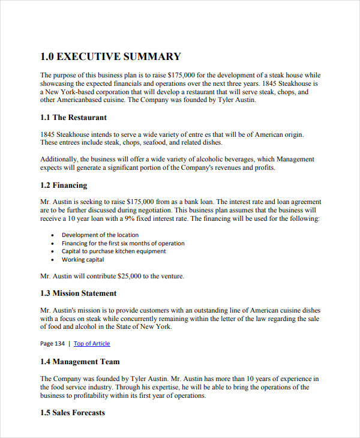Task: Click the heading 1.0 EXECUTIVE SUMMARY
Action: (110, 57)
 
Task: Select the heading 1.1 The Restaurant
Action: (73, 118)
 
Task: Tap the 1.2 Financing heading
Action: (64, 185)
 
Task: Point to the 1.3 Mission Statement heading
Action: (79, 293)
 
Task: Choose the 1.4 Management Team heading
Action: (80, 362)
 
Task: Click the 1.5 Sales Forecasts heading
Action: (73, 413)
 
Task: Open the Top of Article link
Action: (92, 344)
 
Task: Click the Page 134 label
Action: (52, 344)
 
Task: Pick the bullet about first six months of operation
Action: (123, 244)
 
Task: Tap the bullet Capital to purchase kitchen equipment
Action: (114, 251)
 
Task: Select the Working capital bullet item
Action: (83, 260)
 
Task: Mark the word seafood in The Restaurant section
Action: (156, 143)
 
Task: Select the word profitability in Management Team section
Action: (88, 396)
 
